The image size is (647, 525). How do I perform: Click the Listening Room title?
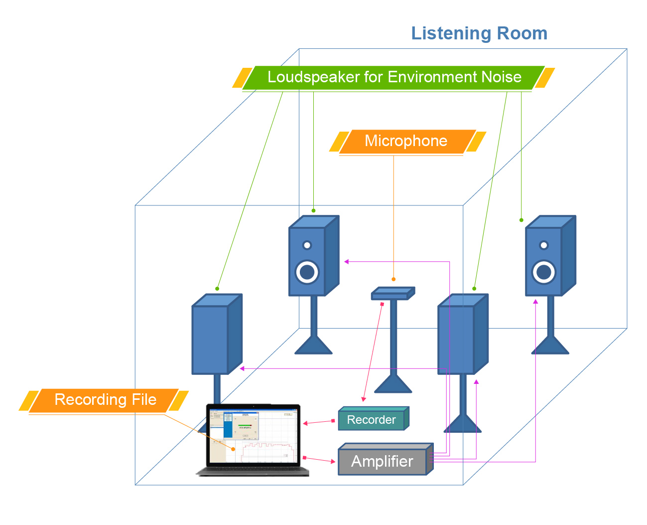tap(479, 33)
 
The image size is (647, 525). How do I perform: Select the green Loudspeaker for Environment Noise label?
tap(393, 77)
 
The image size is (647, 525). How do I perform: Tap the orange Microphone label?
tap(406, 141)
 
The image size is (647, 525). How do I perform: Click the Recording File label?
tap(105, 400)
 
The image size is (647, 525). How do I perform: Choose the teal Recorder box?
tap(372, 420)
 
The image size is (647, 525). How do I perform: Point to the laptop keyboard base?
tap(253, 471)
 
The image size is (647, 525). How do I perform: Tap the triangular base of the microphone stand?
tap(393, 385)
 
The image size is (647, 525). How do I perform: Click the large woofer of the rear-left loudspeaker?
tap(307, 272)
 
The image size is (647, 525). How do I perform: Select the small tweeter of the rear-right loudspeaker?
tap(544, 245)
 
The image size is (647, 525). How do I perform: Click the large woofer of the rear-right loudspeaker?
tap(544, 272)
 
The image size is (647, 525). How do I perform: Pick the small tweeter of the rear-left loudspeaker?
tap(307, 245)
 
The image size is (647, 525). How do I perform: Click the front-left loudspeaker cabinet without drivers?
tap(210, 339)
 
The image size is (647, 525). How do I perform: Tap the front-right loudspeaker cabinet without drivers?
tap(456, 339)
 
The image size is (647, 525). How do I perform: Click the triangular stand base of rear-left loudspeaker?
tap(313, 347)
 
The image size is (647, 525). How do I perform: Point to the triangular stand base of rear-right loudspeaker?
tap(550, 347)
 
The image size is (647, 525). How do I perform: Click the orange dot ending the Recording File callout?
tap(233, 449)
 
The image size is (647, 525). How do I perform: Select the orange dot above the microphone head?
tap(393, 279)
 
